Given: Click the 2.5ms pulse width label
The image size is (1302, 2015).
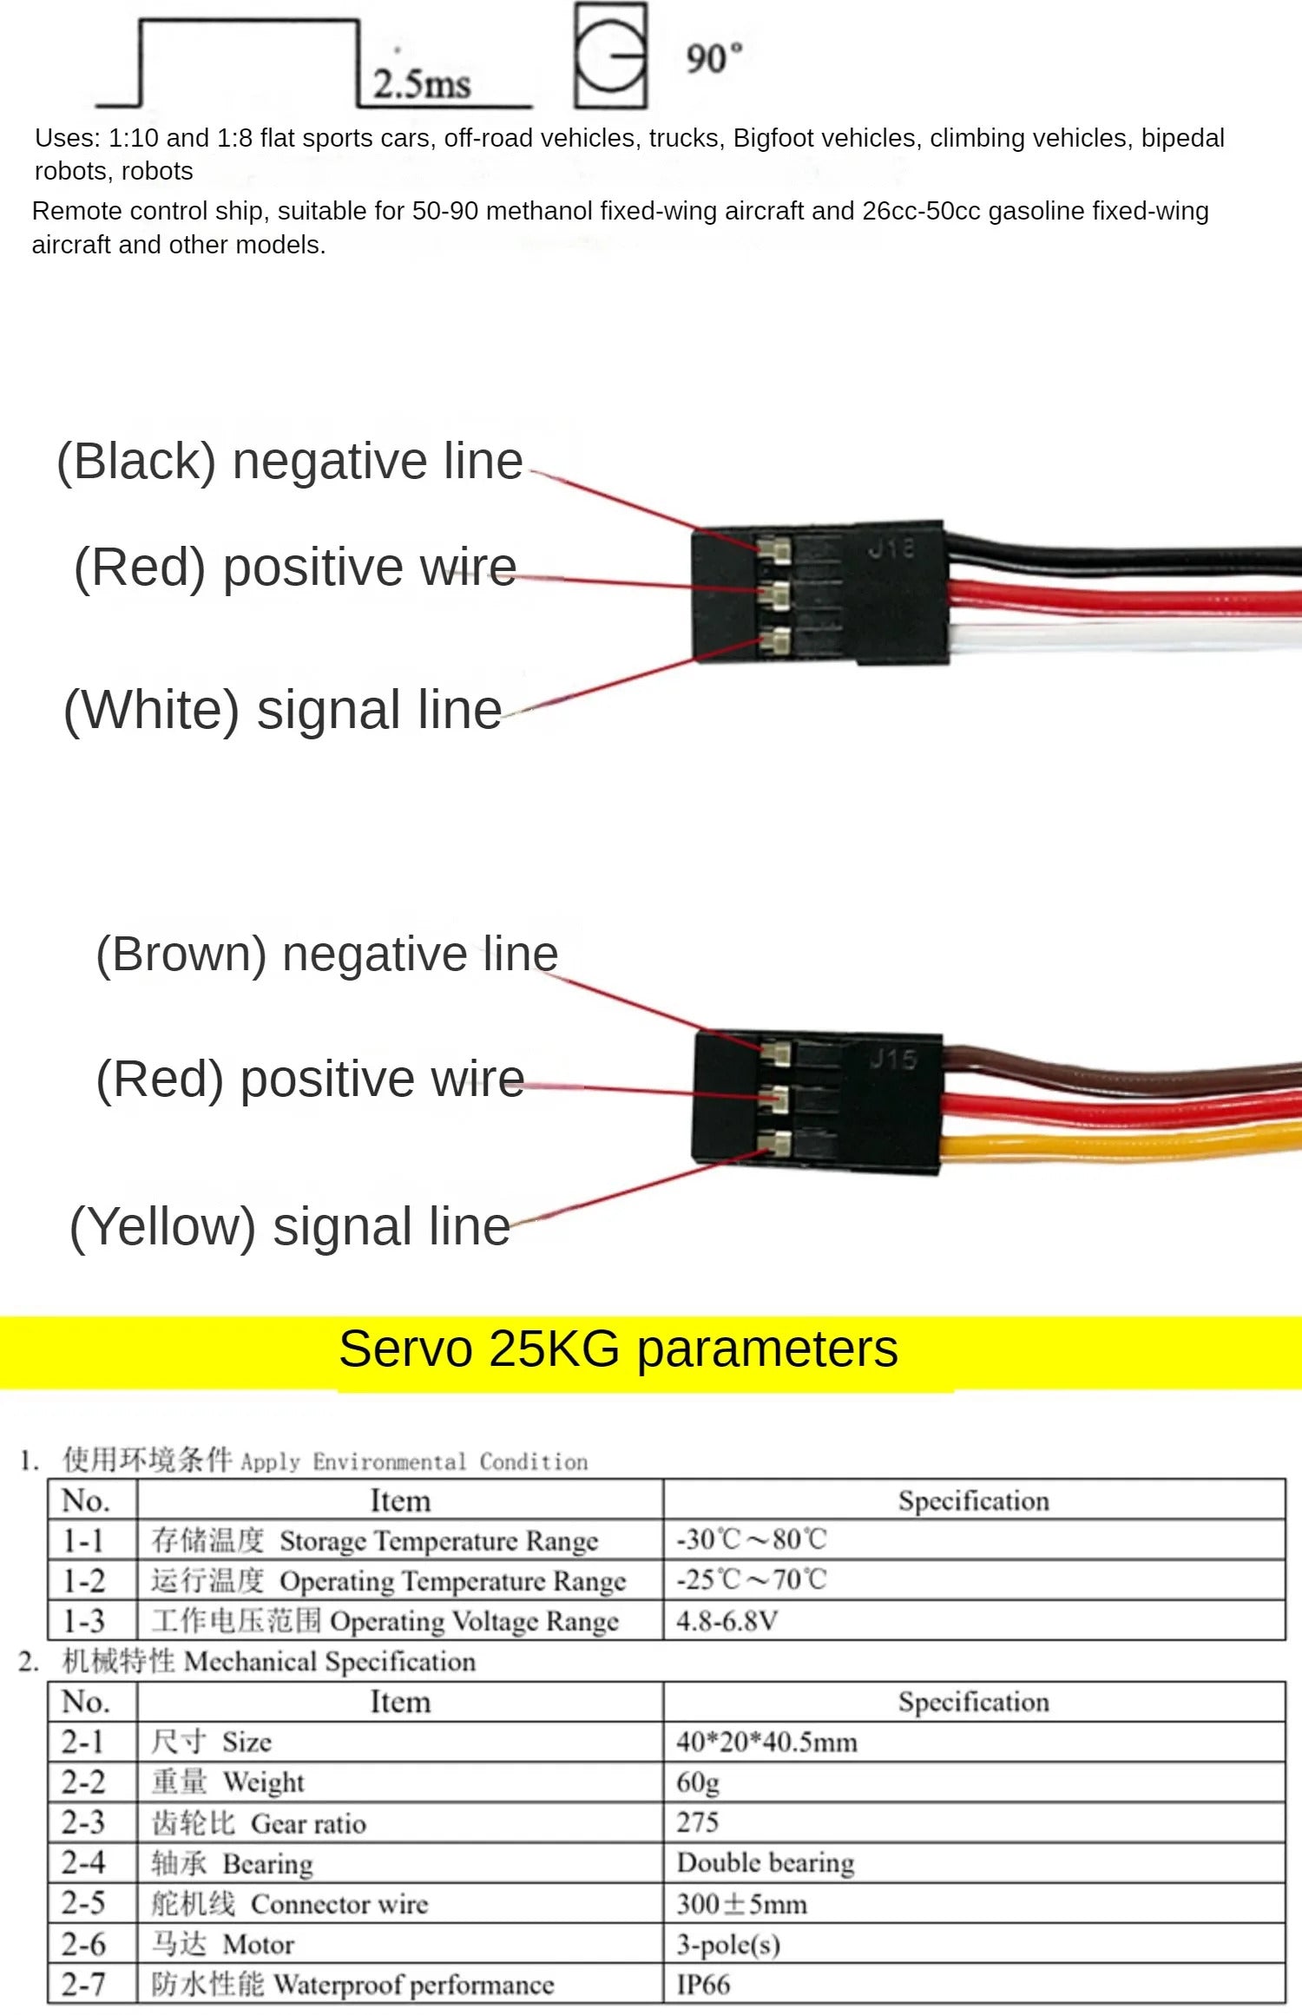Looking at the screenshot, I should [422, 83].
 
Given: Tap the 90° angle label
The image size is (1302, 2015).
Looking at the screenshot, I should [713, 58].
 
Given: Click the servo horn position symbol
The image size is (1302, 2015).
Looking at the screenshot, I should [611, 56].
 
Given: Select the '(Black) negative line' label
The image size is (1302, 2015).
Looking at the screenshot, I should [290, 461].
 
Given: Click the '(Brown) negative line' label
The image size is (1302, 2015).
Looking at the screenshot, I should [326, 954].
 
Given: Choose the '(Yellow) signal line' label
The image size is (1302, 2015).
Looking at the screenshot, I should [290, 1226].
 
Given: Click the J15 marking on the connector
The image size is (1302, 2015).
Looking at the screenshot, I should [893, 1059].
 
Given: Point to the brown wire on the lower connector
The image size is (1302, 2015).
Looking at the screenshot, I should [1128, 1079].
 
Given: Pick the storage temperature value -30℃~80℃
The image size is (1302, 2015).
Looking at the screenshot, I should [752, 1539].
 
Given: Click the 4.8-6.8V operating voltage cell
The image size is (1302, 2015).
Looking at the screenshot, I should [727, 1620].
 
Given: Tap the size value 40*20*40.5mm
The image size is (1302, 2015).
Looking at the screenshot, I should [766, 1742].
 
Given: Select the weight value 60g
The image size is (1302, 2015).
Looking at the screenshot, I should [698, 1782].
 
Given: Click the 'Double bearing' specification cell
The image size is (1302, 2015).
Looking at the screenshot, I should [766, 1862].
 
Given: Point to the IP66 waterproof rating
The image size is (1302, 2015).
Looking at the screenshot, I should [703, 1984].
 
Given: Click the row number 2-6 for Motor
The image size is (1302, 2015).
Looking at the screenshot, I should [84, 1944].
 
